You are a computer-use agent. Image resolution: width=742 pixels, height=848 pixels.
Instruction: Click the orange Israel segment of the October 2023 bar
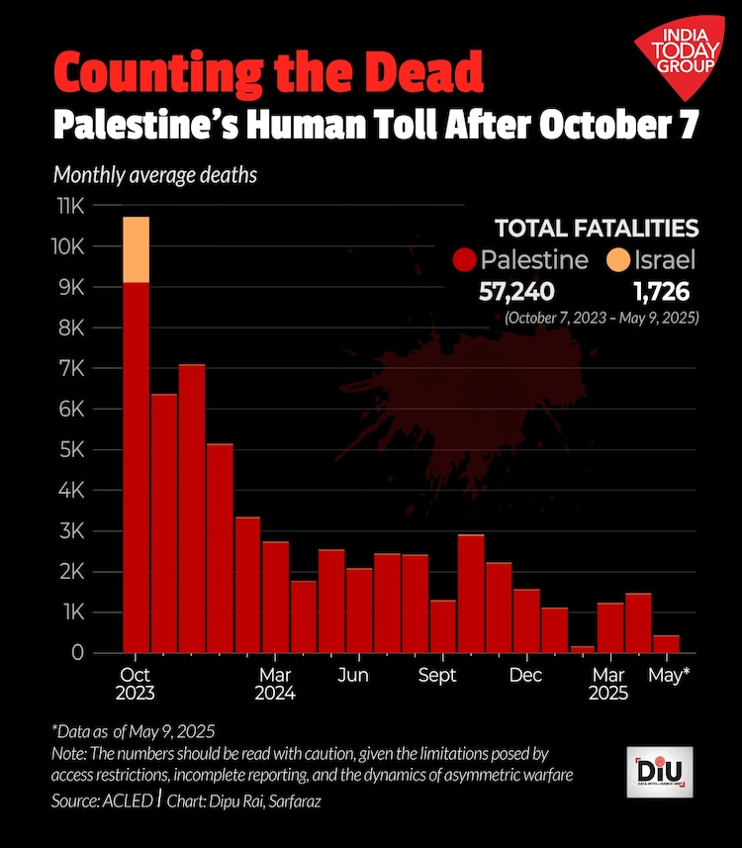pyautogui.click(x=136, y=249)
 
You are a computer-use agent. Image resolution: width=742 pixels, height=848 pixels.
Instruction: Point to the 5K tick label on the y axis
pyautogui.click(x=74, y=450)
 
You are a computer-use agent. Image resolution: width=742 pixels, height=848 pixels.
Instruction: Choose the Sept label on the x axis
pyautogui.click(x=437, y=676)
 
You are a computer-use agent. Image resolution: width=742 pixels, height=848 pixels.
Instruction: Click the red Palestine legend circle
pyautogui.click(x=464, y=261)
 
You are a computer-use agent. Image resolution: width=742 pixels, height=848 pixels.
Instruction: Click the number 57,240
pyautogui.click(x=516, y=292)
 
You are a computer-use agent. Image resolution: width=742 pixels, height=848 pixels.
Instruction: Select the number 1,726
pyautogui.click(x=660, y=292)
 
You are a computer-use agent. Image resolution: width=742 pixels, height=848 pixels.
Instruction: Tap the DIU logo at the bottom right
pyautogui.click(x=664, y=769)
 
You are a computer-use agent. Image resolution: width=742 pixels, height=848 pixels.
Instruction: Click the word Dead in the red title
pyautogui.click(x=428, y=72)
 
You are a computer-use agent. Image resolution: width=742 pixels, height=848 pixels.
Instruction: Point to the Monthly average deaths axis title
pyautogui.click(x=154, y=176)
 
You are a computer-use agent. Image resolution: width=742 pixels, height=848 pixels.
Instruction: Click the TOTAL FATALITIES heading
pyautogui.click(x=597, y=229)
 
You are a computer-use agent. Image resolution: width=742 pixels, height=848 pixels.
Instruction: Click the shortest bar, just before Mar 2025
pyautogui.click(x=583, y=649)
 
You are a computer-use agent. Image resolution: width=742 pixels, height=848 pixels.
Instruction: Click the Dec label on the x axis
pyautogui.click(x=526, y=676)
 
